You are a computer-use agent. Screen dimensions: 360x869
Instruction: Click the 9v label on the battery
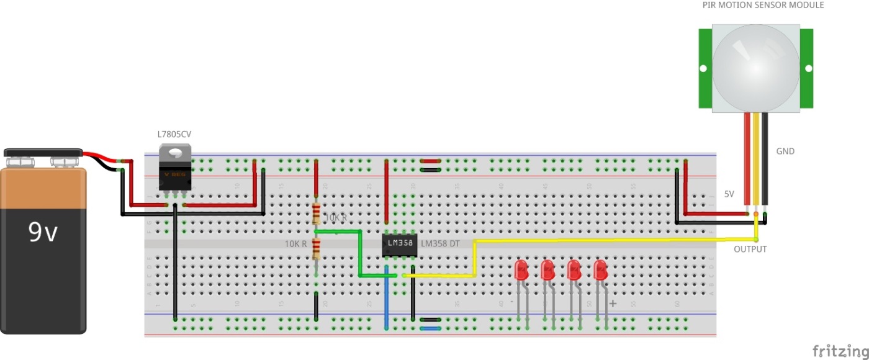tap(43, 232)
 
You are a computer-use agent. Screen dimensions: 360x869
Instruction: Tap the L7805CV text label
tap(174, 135)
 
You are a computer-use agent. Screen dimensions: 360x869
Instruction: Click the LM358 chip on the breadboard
tap(398, 244)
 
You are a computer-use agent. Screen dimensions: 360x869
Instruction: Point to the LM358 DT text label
tap(440, 244)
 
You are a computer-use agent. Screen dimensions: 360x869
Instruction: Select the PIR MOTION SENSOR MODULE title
tap(763, 5)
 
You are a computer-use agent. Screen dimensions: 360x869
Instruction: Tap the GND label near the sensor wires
tap(785, 151)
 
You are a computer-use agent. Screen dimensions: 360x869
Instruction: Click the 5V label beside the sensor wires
tap(729, 194)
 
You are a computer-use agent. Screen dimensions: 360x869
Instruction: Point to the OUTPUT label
tap(750, 249)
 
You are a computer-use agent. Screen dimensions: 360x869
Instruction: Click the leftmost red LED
tap(521, 270)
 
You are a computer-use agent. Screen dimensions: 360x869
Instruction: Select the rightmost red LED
tap(600, 270)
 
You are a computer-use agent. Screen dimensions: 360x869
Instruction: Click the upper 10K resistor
tap(317, 214)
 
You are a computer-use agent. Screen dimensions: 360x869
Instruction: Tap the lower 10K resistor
tap(317, 248)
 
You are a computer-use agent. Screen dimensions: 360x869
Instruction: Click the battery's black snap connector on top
tap(43, 153)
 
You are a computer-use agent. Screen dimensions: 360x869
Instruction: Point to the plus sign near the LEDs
tap(613, 304)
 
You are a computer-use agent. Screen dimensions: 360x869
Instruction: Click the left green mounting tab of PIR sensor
tap(705, 68)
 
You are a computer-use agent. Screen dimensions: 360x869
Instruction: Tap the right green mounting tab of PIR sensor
tap(806, 68)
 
